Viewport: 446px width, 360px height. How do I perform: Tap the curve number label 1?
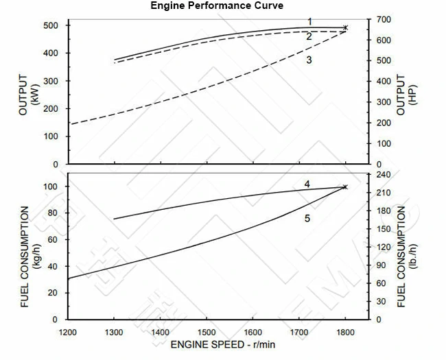[310, 21]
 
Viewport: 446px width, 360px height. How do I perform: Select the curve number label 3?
[309, 60]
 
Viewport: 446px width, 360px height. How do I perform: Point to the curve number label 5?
[307, 218]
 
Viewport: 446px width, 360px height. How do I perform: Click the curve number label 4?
[307, 184]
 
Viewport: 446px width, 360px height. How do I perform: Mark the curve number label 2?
[309, 36]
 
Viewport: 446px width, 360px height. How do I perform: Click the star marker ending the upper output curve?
[345, 28]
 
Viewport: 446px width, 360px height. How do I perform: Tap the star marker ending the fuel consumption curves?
[345, 187]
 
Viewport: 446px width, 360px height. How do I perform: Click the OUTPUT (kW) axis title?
[28, 94]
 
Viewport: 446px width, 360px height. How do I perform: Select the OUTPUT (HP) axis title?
[407, 94]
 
